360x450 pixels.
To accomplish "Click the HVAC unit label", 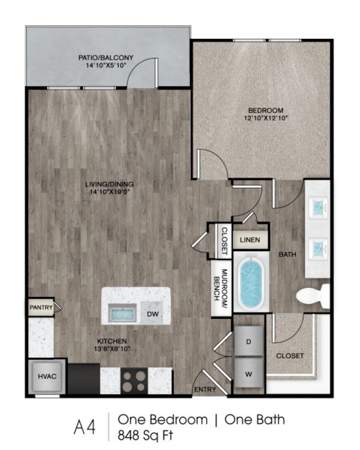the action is pyautogui.click(x=47, y=376).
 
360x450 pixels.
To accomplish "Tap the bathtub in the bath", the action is pyautogui.click(x=251, y=282).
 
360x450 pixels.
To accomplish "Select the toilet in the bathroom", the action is pyautogui.click(x=313, y=296).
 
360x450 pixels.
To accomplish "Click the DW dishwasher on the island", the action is pyautogui.click(x=153, y=314).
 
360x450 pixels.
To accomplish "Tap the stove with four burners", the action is pyautogui.click(x=134, y=381).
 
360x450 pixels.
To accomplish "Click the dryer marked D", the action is pyautogui.click(x=249, y=341).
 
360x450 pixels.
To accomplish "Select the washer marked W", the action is pyautogui.click(x=249, y=374).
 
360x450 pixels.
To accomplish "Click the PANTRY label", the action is pyautogui.click(x=41, y=307).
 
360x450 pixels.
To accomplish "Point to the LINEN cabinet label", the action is pyautogui.click(x=250, y=240).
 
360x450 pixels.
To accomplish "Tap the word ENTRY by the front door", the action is pyautogui.click(x=205, y=389).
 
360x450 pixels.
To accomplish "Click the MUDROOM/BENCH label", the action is pyautogui.click(x=221, y=285).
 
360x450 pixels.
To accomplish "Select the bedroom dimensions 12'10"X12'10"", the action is pyautogui.click(x=266, y=118).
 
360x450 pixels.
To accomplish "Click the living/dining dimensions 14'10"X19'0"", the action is pyautogui.click(x=109, y=192).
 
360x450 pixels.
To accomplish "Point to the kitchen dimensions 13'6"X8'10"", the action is pyautogui.click(x=112, y=349).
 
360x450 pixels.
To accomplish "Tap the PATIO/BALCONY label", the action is pyautogui.click(x=106, y=57).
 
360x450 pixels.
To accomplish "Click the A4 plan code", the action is pyautogui.click(x=85, y=427).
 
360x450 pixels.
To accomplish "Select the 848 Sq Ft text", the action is pyautogui.click(x=145, y=435).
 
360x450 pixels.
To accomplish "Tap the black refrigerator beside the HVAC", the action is pyautogui.click(x=83, y=379).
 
